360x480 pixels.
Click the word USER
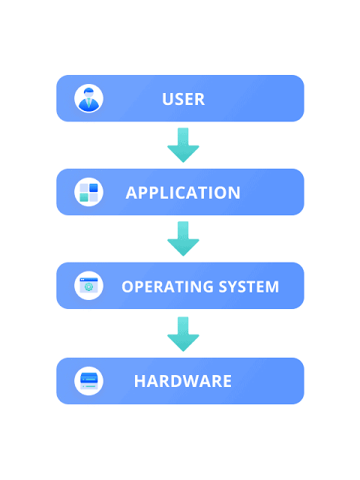183,99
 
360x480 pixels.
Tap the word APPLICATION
183,193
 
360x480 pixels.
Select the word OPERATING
167,286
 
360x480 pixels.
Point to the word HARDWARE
183,381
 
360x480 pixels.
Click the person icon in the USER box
88,98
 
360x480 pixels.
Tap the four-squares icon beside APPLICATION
88,192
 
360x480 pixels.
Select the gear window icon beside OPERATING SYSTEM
88,286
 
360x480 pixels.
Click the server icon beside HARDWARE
88,381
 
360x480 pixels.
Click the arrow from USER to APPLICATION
183,145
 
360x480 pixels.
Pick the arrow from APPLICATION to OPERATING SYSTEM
183,238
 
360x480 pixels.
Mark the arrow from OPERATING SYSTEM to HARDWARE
183,334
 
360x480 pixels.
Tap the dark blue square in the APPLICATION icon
93,187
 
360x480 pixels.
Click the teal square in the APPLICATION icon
84,197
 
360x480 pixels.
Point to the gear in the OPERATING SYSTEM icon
88,287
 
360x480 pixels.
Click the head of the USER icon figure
88,92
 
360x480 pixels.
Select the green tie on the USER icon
88,103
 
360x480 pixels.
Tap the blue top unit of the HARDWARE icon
88,378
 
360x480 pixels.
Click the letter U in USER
167,99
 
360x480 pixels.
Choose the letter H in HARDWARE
139,381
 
